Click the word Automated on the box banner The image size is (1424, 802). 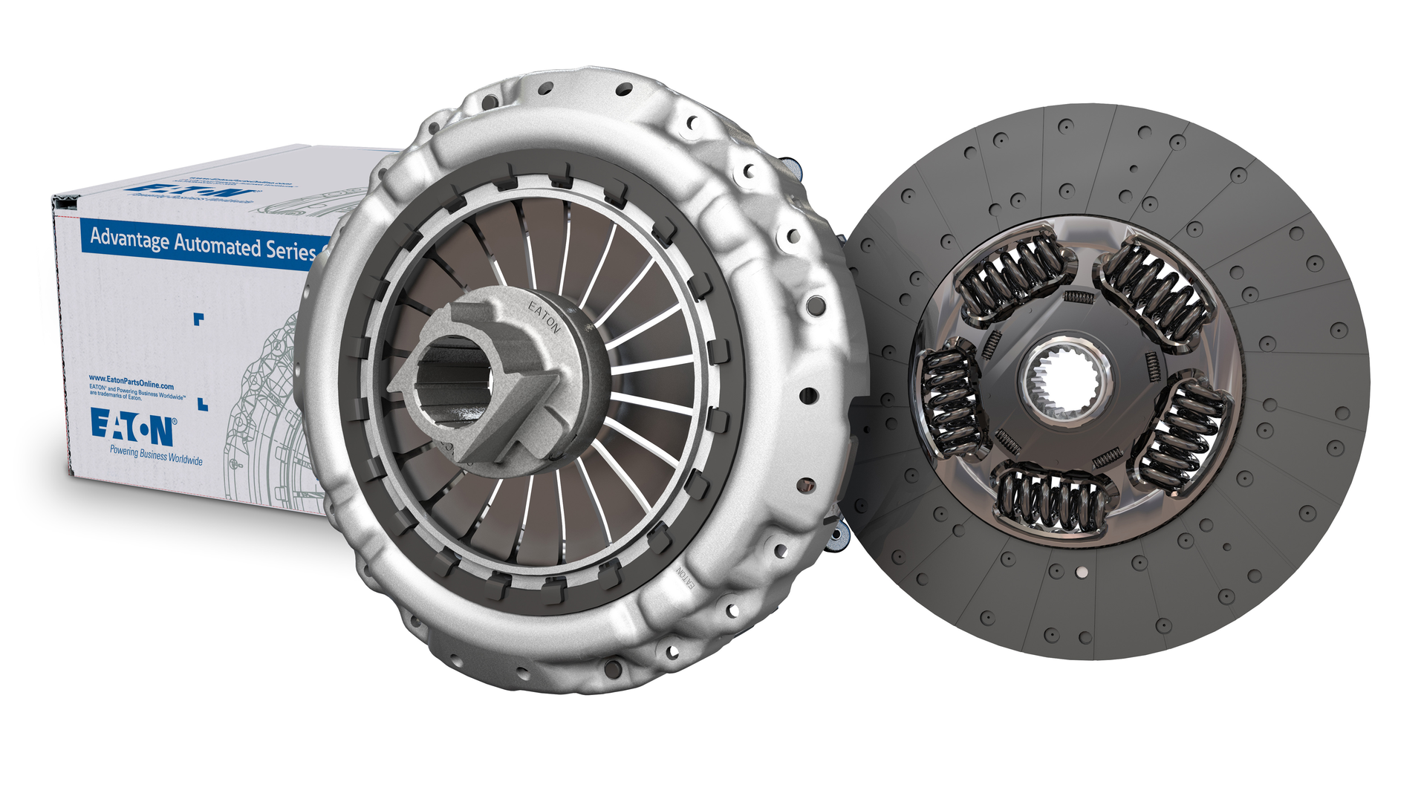216,245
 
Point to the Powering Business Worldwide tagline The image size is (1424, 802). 156,454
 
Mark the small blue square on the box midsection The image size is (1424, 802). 198,319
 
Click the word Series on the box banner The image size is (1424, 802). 290,250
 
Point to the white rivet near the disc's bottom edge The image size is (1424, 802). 1081,572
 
